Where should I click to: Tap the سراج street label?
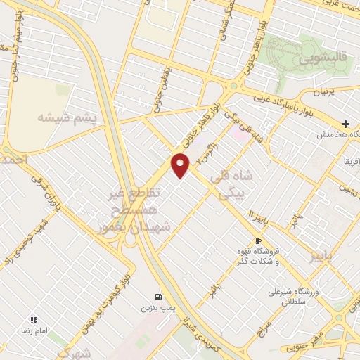(x=264, y=323)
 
